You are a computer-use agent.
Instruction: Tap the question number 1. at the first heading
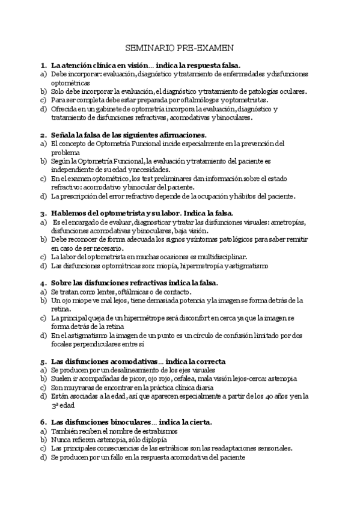coord(44,64)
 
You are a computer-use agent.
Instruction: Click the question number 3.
coord(44,213)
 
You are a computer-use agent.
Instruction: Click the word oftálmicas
coord(124,291)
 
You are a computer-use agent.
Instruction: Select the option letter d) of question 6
coord(43,457)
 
